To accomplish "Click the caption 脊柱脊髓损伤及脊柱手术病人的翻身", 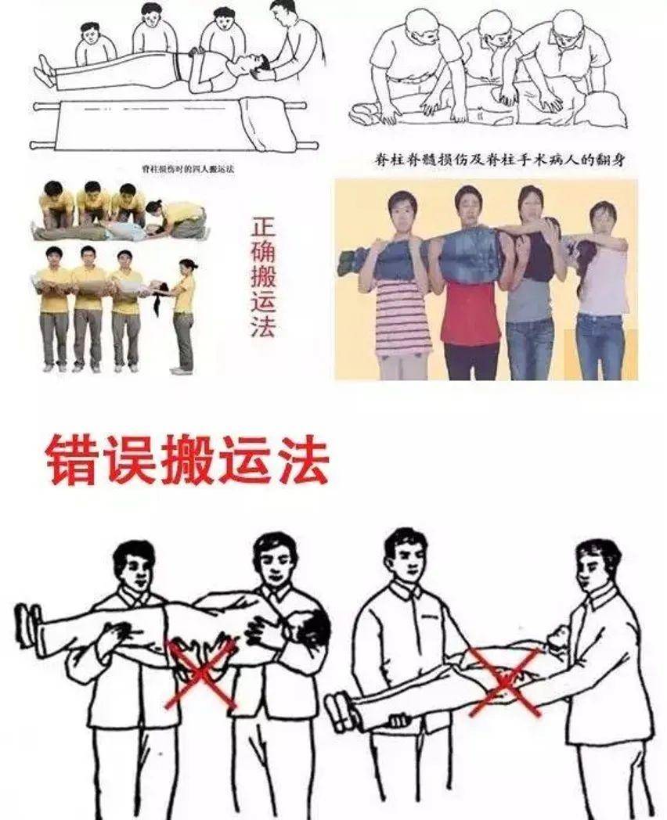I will pos(503,160).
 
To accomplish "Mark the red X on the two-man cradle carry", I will pos(200,674).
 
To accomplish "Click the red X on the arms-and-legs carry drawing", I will pos(505,681).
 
